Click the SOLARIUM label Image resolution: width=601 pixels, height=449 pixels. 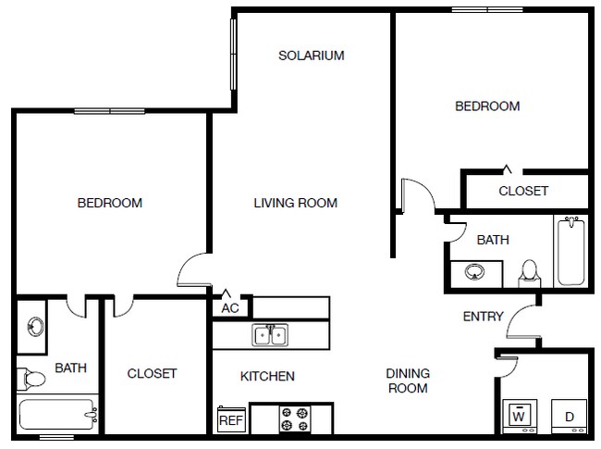coord(312,56)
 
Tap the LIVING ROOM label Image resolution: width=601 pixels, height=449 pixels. coord(296,203)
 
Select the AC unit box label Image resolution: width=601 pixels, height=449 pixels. coord(230,308)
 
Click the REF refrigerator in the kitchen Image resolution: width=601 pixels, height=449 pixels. coord(230,420)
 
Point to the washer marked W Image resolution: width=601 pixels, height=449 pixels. coord(519,415)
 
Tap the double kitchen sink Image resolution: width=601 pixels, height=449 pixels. coord(271,334)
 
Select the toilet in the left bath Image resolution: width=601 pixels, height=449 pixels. coord(31,378)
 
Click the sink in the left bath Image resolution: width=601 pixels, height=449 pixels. coord(35,326)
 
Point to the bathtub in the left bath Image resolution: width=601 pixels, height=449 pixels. coord(57,414)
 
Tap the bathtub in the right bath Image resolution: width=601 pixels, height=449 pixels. coord(570,251)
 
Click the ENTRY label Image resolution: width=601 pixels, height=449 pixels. coord(483,317)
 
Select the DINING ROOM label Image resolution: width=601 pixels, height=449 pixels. coord(408,381)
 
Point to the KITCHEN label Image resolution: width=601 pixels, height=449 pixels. coord(267,376)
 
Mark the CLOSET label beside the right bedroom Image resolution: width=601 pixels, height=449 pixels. coord(523,192)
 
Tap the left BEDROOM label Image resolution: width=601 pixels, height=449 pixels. coord(109,203)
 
